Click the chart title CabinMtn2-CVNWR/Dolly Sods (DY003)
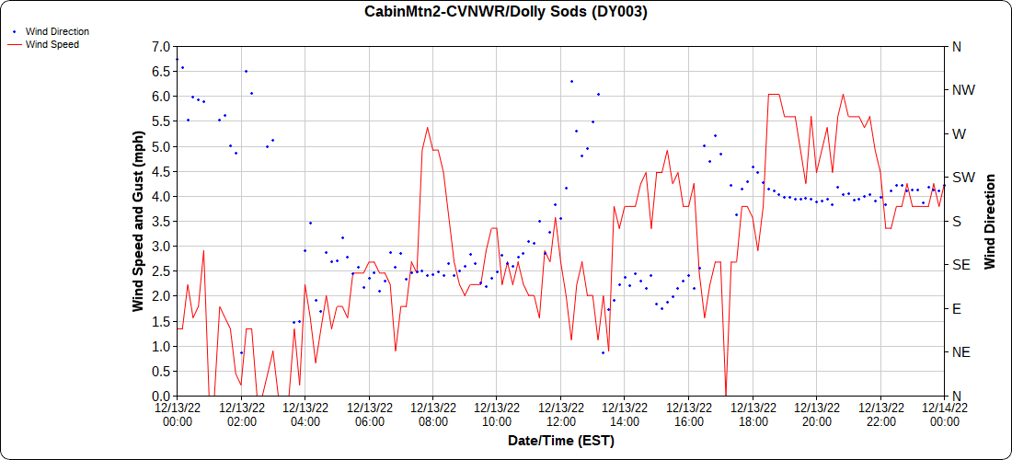(505, 12)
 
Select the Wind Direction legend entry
(57, 31)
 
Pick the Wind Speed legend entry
(52, 43)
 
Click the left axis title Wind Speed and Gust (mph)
(138, 221)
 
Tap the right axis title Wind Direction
(990, 221)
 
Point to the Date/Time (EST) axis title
(560, 441)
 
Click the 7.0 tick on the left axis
(161, 46)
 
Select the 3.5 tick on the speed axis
(161, 221)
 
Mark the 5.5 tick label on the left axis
(161, 121)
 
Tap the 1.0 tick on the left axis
(161, 346)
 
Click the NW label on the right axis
(962, 90)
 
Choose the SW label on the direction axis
(961, 178)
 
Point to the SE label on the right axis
(960, 265)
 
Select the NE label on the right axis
(960, 352)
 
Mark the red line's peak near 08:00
(428, 127)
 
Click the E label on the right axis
(956, 308)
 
